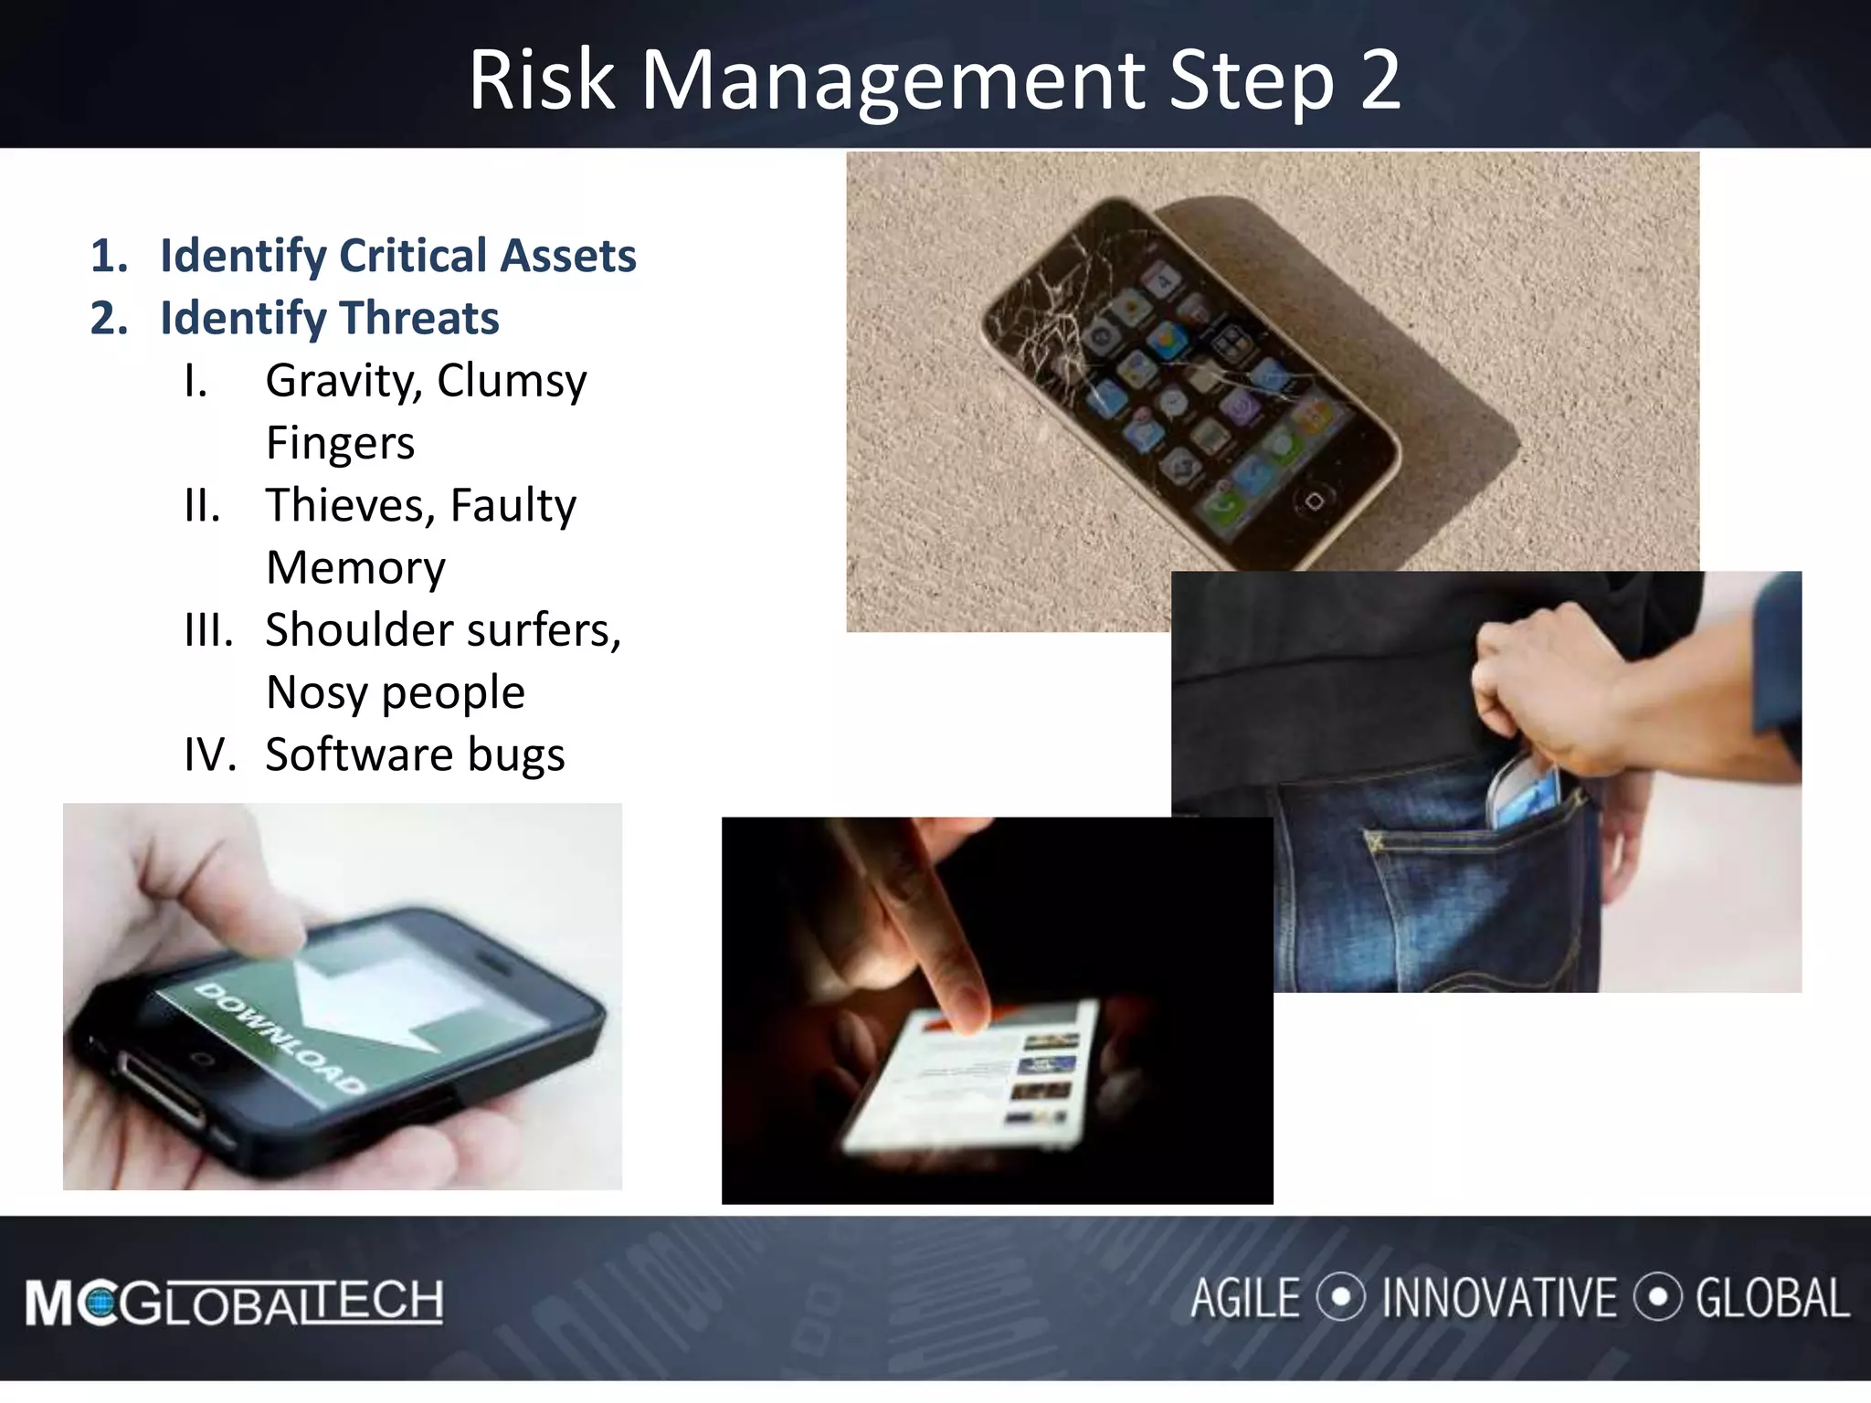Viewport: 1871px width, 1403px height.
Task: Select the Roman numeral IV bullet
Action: pyautogui.click(x=209, y=755)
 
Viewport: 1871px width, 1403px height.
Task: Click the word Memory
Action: pyautogui.click(x=355, y=568)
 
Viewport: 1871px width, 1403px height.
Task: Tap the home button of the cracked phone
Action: pyautogui.click(x=1314, y=501)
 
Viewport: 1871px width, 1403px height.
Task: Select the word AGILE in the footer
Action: pyautogui.click(x=1244, y=1299)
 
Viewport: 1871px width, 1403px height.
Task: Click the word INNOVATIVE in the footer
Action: pyautogui.click(x=1498, y=1299)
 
